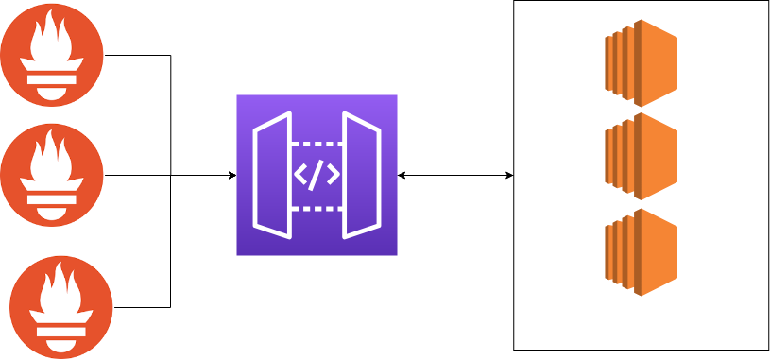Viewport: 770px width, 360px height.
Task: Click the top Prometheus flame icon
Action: [x=53, y=56]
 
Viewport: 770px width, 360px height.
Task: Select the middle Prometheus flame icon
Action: [x=52, y=175]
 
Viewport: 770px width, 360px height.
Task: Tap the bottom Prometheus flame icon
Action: [x=61, y=307]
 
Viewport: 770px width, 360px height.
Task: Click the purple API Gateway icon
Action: [x=317, y=175]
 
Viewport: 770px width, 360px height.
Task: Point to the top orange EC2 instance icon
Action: [x=642, y=62]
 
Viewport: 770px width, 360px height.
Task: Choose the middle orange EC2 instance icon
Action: [x=642, y=156]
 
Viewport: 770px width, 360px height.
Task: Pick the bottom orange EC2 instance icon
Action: [x=642, y=251]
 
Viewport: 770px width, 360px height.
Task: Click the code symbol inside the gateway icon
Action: [x=317, y=176]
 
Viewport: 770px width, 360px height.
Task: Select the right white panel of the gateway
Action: [x=361, y=175]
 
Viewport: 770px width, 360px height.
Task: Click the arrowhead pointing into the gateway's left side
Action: [x=231, y=175]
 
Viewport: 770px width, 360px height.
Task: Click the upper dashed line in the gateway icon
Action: [x=317, y=145]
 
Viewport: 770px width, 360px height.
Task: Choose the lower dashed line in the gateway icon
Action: [x=317, y=208]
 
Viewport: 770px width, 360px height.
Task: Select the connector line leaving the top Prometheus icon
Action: [x=137, y=56]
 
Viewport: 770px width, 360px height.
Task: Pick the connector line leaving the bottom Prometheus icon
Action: [x=142, y=307]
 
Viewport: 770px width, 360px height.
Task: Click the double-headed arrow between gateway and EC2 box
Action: [x=455, y=175]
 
